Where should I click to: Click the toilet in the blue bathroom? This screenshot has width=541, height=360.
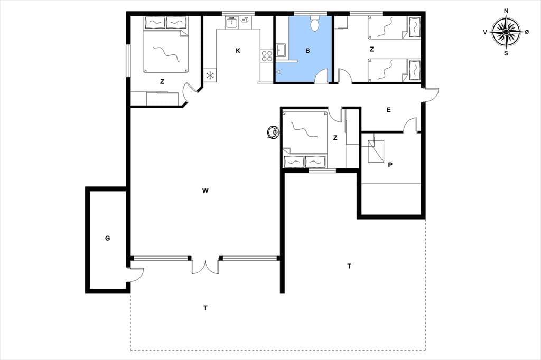314,23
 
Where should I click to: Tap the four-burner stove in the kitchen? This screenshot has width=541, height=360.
267,56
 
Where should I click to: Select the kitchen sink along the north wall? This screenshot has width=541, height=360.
231,22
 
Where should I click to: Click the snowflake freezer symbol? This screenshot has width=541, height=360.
210,75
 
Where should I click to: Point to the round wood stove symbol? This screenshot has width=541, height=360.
274,132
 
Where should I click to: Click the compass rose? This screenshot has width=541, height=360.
506,32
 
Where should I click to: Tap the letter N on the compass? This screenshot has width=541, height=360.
506,11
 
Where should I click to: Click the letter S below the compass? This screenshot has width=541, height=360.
506,53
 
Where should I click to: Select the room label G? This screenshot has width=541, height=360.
108,238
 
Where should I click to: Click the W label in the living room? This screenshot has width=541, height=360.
206,191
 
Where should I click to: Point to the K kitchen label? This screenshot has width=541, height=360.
238,51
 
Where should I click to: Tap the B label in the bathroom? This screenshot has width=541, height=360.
308,51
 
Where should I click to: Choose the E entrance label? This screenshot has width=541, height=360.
389,110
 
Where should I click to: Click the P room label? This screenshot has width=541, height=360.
390,165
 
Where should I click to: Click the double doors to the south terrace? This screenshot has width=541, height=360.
206,266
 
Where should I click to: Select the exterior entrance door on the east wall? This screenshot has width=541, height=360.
430,94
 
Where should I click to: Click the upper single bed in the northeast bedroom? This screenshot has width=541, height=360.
394,27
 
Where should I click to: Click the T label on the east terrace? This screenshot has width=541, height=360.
349,266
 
